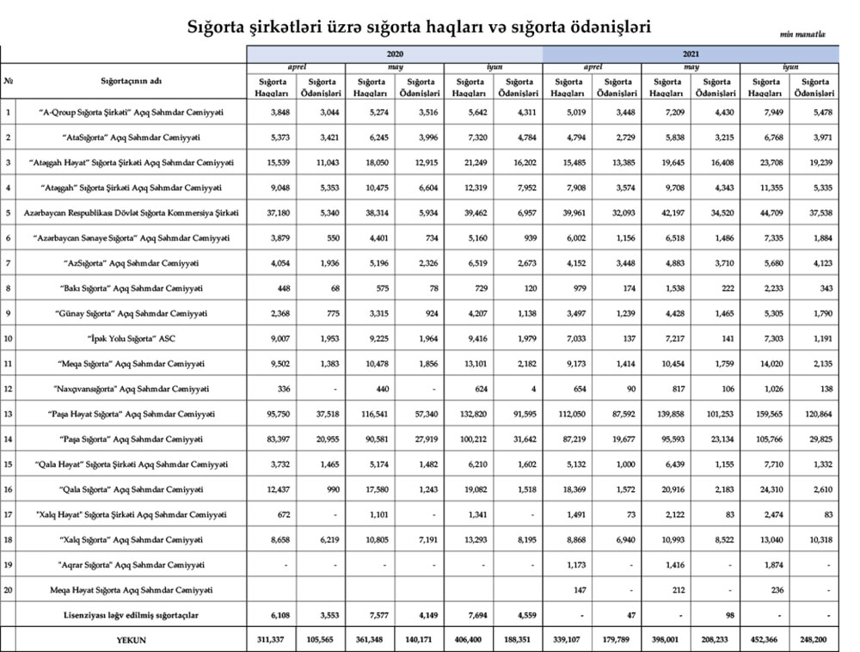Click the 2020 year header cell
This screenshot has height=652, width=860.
point(395,53)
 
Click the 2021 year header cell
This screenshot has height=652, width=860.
point(691,53)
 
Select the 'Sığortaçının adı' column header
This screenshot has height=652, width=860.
point(131,81)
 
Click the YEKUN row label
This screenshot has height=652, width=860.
point(131,640)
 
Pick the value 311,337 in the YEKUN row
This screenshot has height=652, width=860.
point(271,640)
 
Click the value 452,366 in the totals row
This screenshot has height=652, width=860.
point(765,640)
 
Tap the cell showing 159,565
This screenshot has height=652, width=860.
point(765,414)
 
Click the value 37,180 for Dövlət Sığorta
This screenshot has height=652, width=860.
point(271,212)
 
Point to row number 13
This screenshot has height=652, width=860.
point(8,414)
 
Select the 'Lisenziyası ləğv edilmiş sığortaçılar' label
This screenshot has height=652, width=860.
point(131,614)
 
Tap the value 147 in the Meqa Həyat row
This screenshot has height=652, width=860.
point(568,589)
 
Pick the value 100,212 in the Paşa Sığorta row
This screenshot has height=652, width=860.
point(470,440)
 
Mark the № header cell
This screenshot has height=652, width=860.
point(8,81)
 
